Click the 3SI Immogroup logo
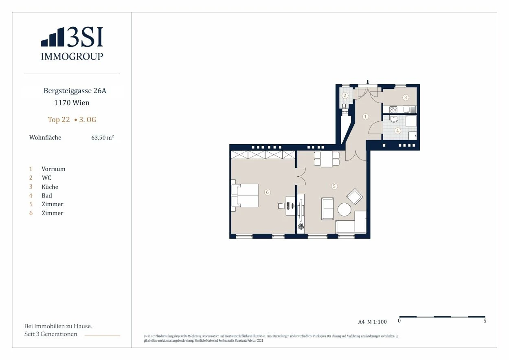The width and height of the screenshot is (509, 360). click(x=72, y=44)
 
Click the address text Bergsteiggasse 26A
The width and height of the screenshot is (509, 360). click(x=75, y=91)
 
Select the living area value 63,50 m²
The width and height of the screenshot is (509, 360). click(x=103, y=138)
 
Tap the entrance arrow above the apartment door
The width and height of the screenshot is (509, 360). click(x=368, y=82)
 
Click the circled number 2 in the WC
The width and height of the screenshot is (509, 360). click(x=345, y=95)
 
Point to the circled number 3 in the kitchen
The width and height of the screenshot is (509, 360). click(x=406, y=97)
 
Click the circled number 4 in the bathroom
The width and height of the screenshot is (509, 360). click(x=397, y=131)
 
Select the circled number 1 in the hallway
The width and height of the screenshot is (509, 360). click(x=365, y=116)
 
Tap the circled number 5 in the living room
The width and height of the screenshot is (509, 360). click(x=334, y=187)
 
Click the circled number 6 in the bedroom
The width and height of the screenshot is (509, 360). click(x=267, y=192)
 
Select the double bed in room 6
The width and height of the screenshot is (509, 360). click(x=245, y=195)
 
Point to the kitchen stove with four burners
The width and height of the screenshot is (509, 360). click(x=393, y=110)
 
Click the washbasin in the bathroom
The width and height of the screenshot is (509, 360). click(x=394, y=119)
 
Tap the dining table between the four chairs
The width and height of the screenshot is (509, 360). click(x=327, y=159)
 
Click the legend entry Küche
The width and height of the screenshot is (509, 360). click(x=50, y=187)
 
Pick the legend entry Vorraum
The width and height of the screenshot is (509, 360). click(x=53, y=169)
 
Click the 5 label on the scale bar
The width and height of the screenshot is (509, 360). click(x=485, y=321)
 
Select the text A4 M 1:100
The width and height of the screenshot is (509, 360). click(x=372, y=322)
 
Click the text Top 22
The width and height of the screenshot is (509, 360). click(x=59, y=120)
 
